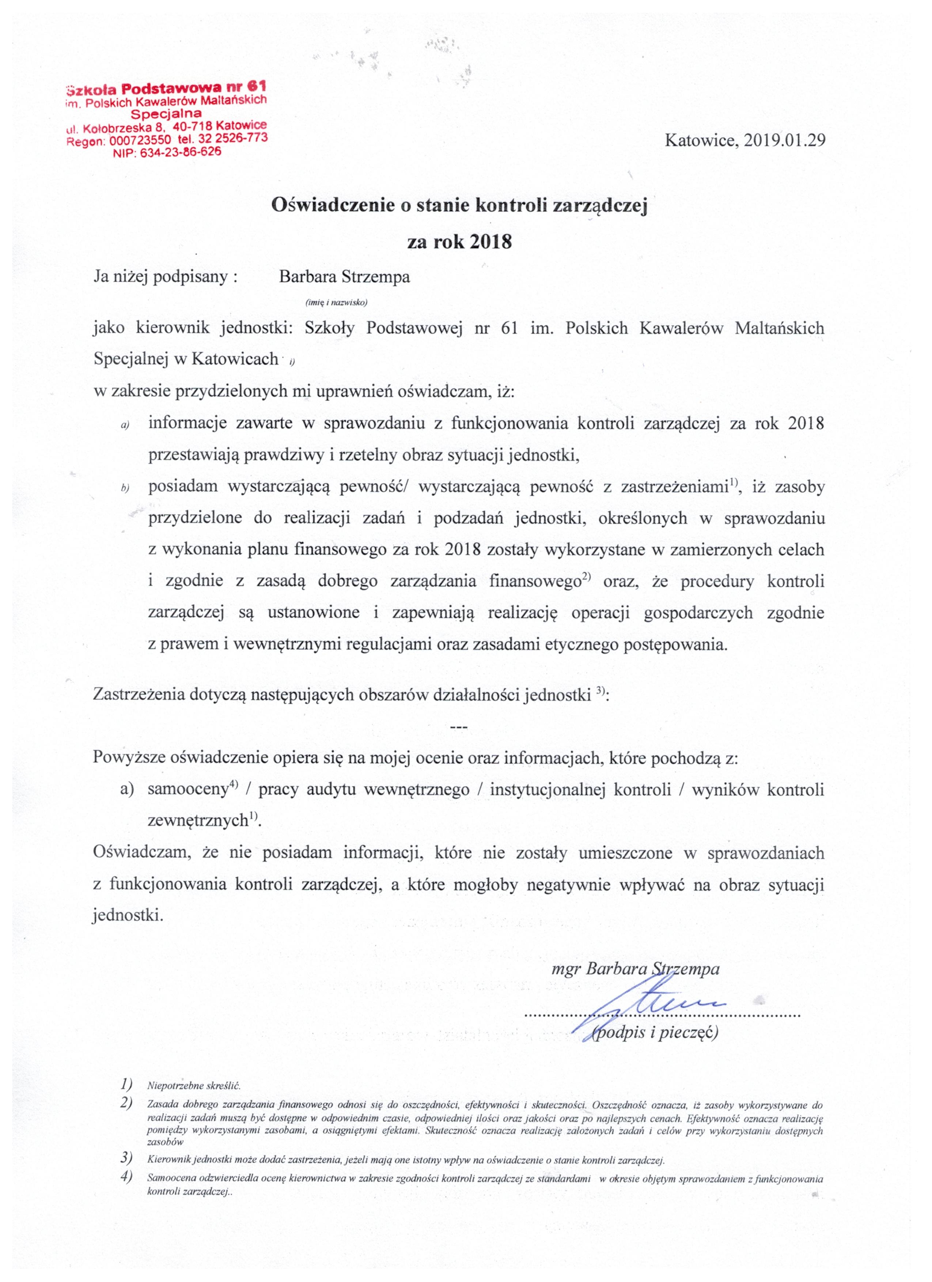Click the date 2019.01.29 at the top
pyautogui.click(x=784, y=140)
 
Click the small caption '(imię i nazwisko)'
pyautogui.click(x=336, y=302)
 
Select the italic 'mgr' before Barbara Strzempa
pyautogui.click(x=566, y=969)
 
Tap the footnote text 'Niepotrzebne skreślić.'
pyautogui.click(x=193, y=1086)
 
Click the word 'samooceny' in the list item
pyautogui.click(x=187, y=790)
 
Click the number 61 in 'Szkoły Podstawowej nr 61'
pyautogui.click(x=509, y=328)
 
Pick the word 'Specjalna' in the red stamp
pyautogui.click(x=166, y=114)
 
